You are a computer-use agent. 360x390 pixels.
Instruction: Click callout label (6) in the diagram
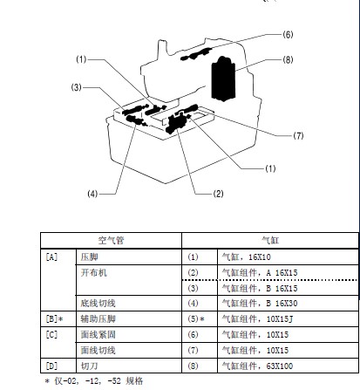[x=288, y=35]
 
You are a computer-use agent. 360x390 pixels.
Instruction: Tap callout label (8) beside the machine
[x=288, y=59]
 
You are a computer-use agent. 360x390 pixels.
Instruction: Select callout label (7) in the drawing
[x=298, y=135]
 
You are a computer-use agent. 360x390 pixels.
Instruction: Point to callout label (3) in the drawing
[x=77, y=87]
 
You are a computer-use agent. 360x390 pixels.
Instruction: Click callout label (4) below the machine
[x=92, y=194]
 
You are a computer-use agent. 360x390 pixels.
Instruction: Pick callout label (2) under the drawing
[x=218, y=194]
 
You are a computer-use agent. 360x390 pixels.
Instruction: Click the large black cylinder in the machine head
[x=223, y=79]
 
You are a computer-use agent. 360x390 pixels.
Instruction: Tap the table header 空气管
[x=111, y=241]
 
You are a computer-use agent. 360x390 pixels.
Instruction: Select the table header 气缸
[x=270, y=241]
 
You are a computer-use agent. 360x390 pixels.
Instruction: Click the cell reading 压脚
[x=90, y=257]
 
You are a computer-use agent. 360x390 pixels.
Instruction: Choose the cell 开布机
[x=94, y=272]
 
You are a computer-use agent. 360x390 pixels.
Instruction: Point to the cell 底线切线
[x=98, y=304]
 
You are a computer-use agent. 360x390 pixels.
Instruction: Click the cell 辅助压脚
[x=98, y=319]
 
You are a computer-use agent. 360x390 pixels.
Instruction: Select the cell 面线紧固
[x=98, y=334]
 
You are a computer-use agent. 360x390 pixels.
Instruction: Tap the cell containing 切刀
[x=90, y=366]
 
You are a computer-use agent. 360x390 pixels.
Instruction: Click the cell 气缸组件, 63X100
[x=257, y=366]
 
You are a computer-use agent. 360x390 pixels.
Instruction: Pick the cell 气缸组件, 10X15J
[x=257, y=319]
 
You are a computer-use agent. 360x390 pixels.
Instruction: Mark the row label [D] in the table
[x=51, y=366]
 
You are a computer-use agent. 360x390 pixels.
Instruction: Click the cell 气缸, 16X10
[x=247, y=257]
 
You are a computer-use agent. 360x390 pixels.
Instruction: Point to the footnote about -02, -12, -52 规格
[x=94, y=381]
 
